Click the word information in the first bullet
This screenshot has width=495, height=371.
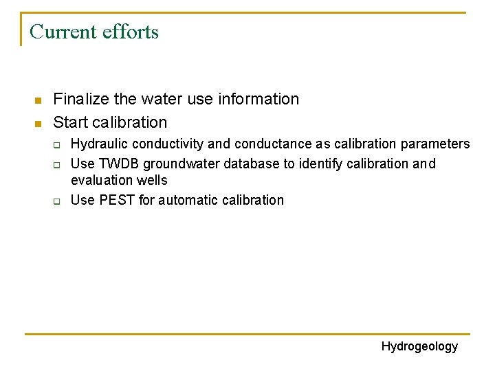point(258,99)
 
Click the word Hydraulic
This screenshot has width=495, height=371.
point(99,144)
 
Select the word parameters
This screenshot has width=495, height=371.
point(437,144)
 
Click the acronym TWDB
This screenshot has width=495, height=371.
point(113,164)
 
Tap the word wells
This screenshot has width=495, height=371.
point(152,180)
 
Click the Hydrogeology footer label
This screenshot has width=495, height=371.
point(419,346)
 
